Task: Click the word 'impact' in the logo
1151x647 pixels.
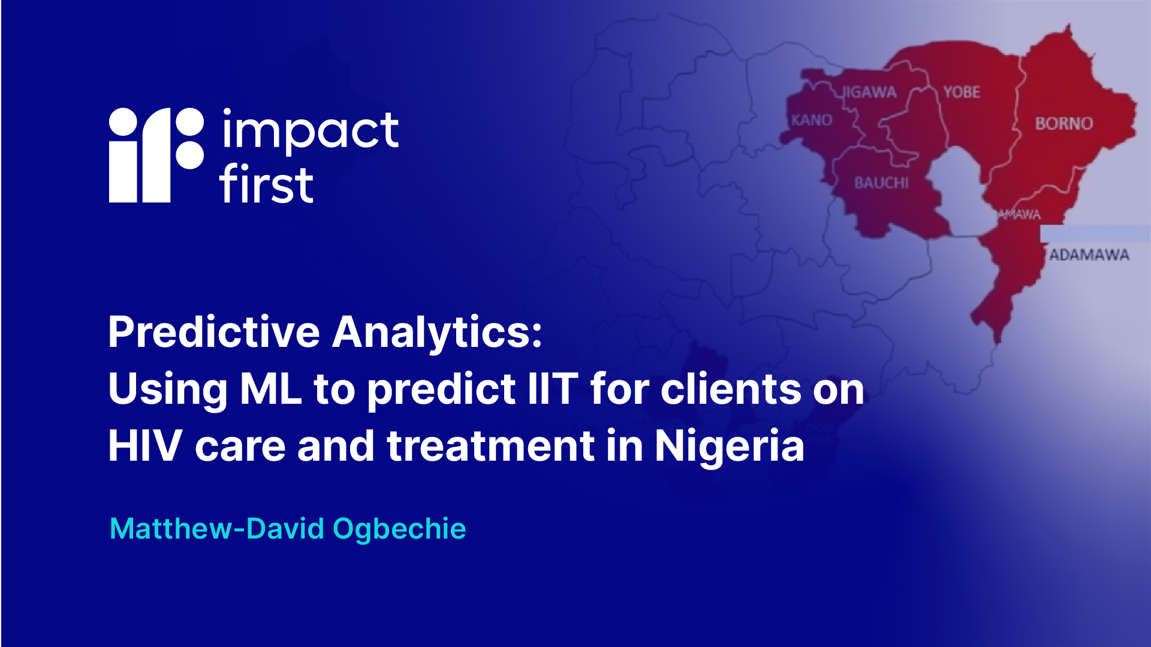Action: (x=310, y=131)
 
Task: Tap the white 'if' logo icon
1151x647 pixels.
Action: (x=156, y=155)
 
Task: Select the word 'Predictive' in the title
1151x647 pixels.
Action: (x=214, y=332)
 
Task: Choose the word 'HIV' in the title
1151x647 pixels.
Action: (x=145, y=446)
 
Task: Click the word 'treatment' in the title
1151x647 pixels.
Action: (x=490, y=446)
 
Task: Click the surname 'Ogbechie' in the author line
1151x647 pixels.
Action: (x=399, y=529)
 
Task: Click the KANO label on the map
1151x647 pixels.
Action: (x=812, y=120)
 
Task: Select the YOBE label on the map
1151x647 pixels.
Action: (x=962, y=92)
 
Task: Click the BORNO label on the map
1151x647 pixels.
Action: (x=1064, y=123)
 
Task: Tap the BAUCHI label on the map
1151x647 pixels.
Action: (x=881, y=183)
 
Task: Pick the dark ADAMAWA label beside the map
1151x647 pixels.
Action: (x=1089, y=255)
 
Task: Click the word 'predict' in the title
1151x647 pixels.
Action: (x=441, y=391)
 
